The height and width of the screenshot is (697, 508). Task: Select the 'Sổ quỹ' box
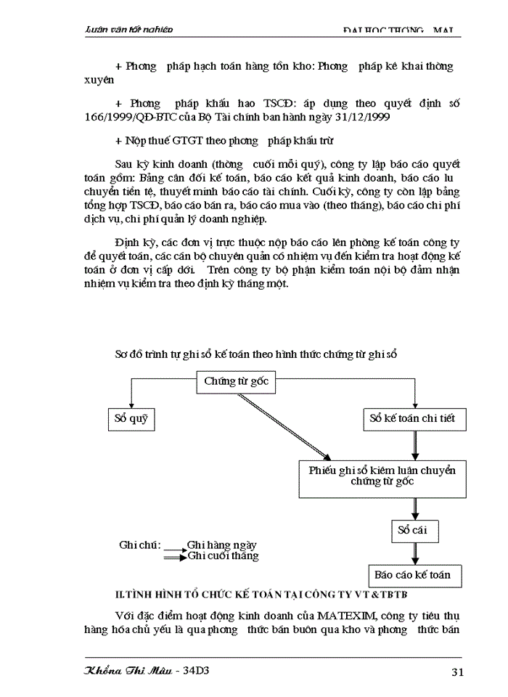point(131,419)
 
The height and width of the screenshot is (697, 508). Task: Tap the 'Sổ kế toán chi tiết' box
point(414,419)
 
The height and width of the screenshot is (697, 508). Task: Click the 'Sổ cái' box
point(414,530)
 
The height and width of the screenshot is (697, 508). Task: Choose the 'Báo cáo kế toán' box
point(413,575)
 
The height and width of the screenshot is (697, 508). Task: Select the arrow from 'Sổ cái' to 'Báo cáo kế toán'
point(414,553)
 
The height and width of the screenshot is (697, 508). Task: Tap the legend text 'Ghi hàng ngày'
point(221,545)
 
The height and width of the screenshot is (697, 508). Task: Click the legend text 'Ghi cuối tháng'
point(223,556)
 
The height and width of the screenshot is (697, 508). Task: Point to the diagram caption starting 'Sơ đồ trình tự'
point(257,354)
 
